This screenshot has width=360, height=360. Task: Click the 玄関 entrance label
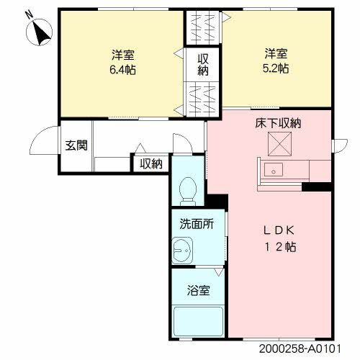(x=76, y=145)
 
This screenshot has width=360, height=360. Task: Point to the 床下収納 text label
(x=277, y=123)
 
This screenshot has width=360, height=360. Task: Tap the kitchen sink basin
(x=273, y=171)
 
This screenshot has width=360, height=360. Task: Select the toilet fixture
(x=189, y=189)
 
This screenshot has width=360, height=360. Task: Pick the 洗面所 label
(x=197, y=224)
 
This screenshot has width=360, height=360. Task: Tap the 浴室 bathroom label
(x=199, y=292)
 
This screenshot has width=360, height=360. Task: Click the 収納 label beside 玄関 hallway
(x=151, y=164)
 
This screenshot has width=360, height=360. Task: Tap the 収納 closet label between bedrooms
(x=204, y=65)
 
